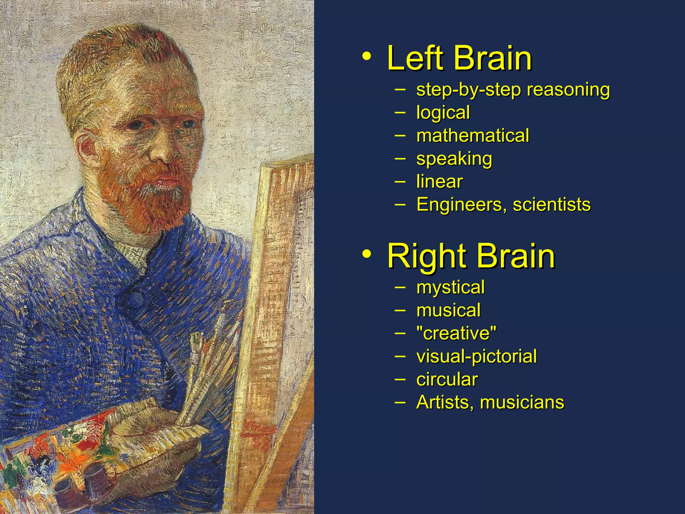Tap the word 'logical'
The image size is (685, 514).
[x=443, y=112]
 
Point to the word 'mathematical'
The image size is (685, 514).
[x=473, y=136]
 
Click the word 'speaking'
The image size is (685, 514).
[x=454, y=159]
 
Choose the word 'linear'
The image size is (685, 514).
[x=439, y=182]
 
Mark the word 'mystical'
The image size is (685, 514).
[x=450, y=287]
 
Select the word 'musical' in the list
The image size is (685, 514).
[x=448, y=310]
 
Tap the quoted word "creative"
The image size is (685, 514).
[x=456, y=333]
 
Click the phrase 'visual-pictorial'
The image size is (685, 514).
[x=476, y=356]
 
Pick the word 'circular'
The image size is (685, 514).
[x=447, y=379]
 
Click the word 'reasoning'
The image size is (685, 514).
[x=568, y=90]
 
